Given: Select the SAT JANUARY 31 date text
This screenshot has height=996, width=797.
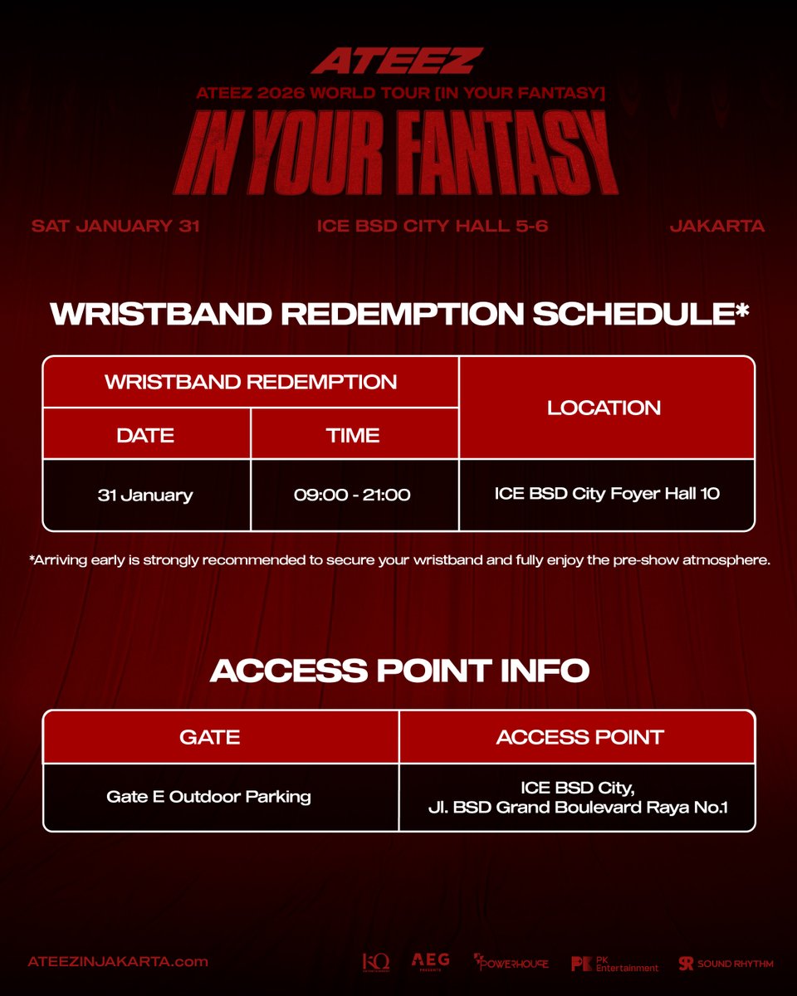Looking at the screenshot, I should pyautogui.click(x=115, y=226).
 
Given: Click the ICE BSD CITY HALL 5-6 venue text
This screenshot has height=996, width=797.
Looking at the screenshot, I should pyautogui.click(x=433, y=226).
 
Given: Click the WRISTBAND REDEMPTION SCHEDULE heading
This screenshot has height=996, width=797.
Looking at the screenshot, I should pyautogui.click(x=399, y=315).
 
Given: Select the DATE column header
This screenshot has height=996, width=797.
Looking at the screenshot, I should pyautogui.click(x=145, y=434).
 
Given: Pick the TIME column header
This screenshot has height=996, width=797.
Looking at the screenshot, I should pyautogui.click(x=354, y=434).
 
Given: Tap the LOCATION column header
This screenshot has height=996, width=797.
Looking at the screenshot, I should pyautogui.click(x=604, y=408).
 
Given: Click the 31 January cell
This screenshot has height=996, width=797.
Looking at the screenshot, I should pyautogui.click(x=145, y=495).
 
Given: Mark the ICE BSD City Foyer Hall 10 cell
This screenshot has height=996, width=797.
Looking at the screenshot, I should pyautogui.click(x=605, y=494).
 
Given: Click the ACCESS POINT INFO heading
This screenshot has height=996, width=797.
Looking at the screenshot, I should pyautogui.click(x=399, y=671).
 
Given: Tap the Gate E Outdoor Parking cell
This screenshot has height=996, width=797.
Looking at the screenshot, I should pyautogui.click(x=209, y=797).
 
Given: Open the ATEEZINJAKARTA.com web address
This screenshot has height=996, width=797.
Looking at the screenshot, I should pyautogui.click(x=118, y=962).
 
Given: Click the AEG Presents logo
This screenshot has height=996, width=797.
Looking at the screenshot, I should pyautogui.click(x=431, y=961).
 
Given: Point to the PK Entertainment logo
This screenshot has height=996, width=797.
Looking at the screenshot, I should pyautogui.click(x=614, y=963).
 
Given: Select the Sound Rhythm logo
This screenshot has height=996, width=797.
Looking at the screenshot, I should pyautogui.click(x=726, y=963).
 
